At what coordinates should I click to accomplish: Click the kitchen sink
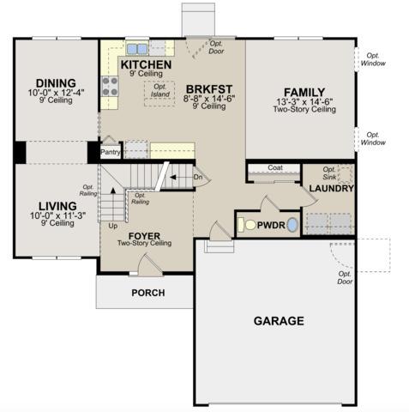[x=137, y=49]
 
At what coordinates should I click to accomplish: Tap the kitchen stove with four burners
[x=110, y=86]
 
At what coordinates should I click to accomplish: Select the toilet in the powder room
[x=247, y=225]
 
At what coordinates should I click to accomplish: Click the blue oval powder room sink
[x=292, y=225]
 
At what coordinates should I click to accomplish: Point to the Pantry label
[x=111, y=152]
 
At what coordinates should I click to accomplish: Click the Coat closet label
[x=275, y=167]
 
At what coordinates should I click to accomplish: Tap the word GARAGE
[x=279, y=321]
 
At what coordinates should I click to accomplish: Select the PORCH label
[x=148, y=293]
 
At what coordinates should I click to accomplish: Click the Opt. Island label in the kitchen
[x=160, y=90]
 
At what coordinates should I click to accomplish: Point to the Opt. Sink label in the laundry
[x=329, y=173]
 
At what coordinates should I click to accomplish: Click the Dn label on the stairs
[x=198, y=177]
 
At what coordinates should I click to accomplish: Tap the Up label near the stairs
[x=113, y=226]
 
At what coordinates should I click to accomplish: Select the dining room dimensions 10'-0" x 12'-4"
[x=56, y=93]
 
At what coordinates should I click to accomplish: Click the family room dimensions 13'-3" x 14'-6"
[x=304, y=102]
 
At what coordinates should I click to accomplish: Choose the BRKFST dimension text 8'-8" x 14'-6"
[x=209, y=99]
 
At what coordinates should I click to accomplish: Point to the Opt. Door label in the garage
[x=345, y=278]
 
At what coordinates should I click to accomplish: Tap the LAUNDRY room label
[x=332, y=189]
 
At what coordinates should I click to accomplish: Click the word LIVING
[x=57, y=206]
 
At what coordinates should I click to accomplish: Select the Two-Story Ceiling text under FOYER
[x=145, y=244]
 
